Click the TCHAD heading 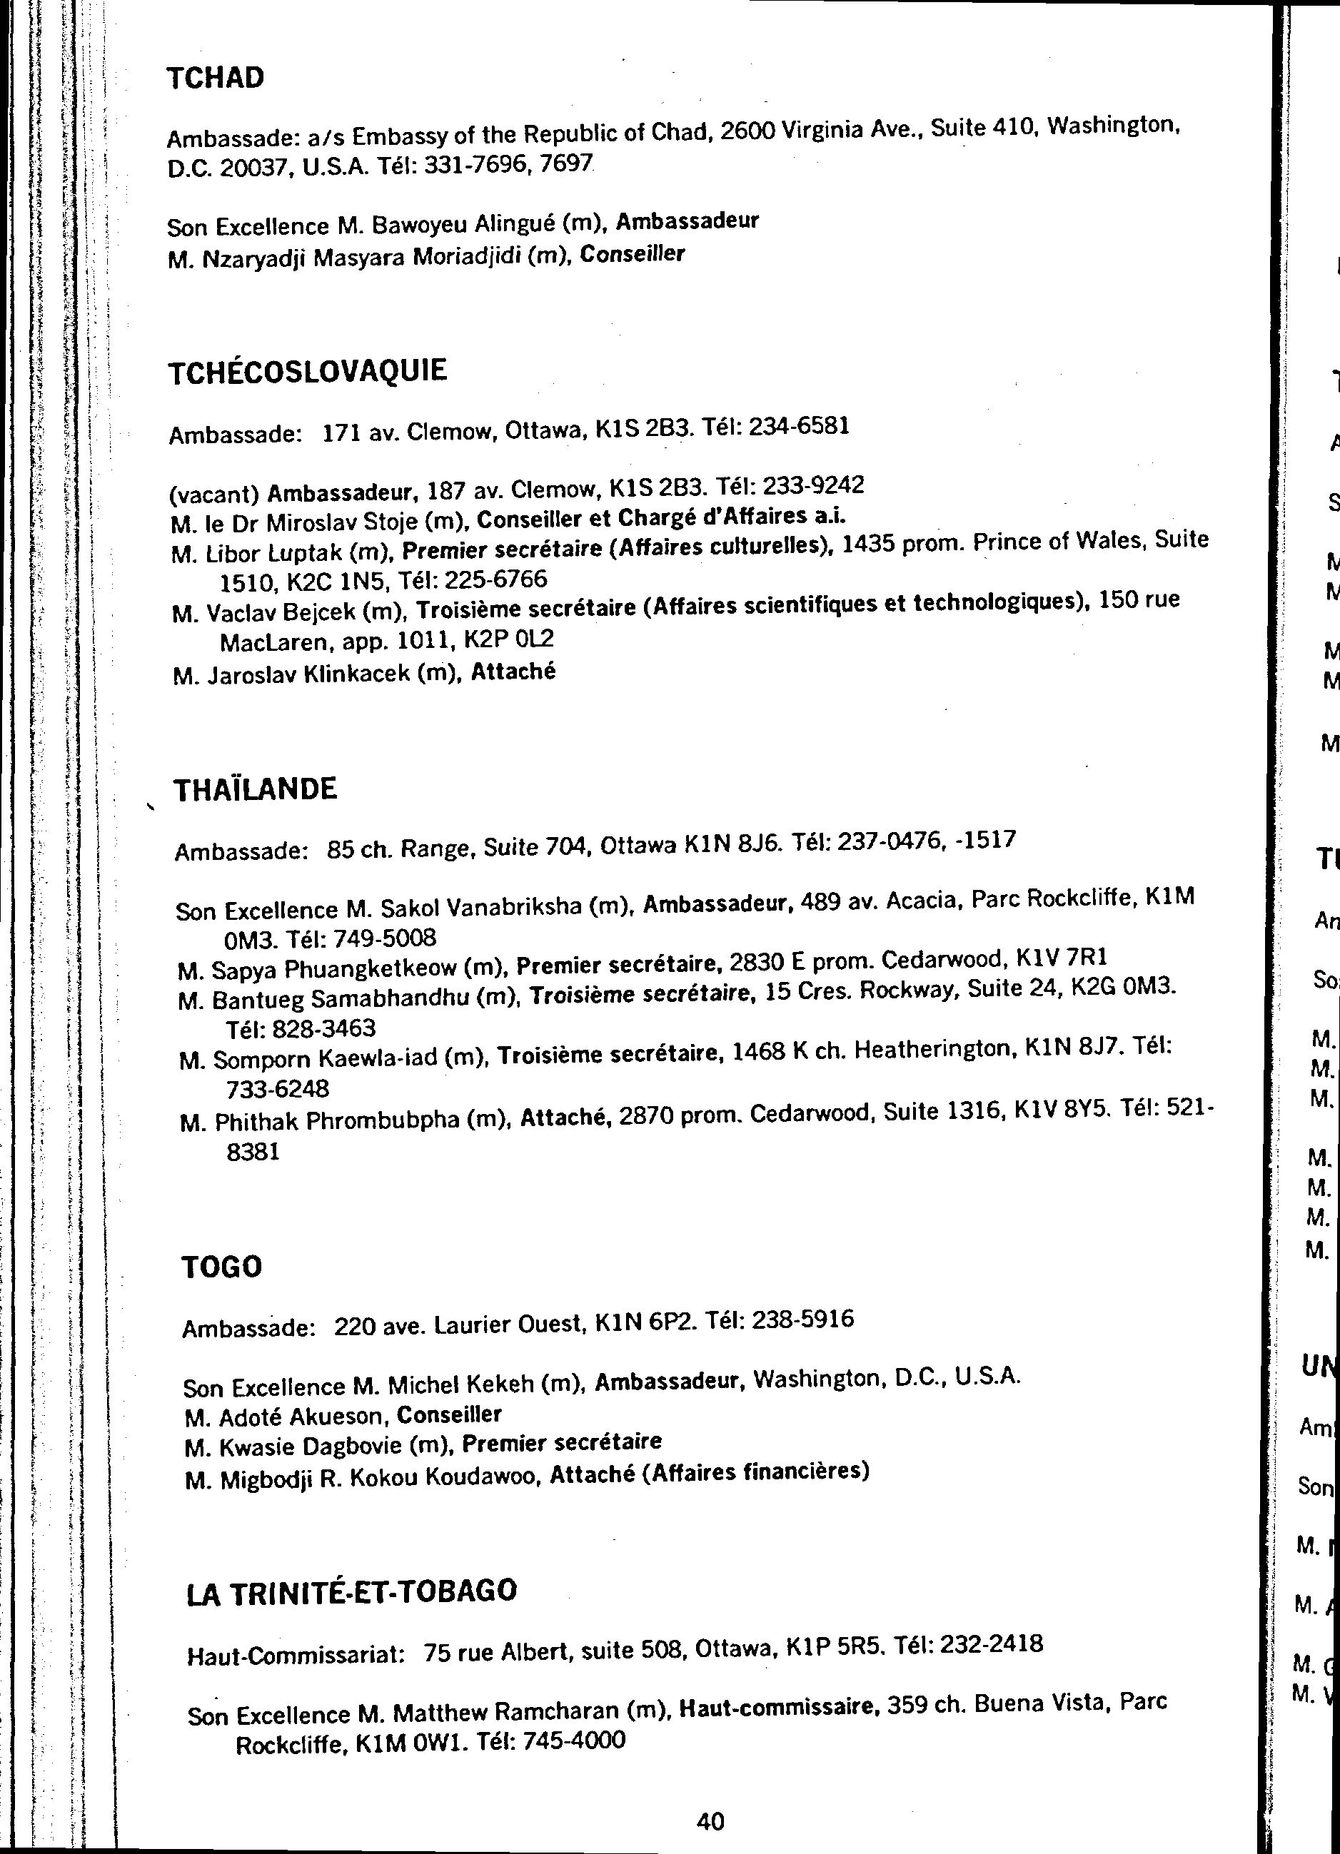click(216, 79)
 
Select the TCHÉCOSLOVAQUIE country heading click(308, 372)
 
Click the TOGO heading click(221, 1267)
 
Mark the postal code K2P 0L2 click(508, 639)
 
